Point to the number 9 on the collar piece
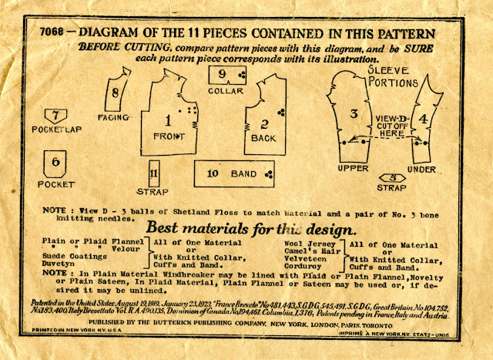pos(222,74)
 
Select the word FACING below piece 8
pos(112,117)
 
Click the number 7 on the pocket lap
pos(55,116)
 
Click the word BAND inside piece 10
pos(244,174)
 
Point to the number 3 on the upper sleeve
pos(353,114)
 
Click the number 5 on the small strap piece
pos(392,177)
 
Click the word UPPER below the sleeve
pos(354,169)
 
